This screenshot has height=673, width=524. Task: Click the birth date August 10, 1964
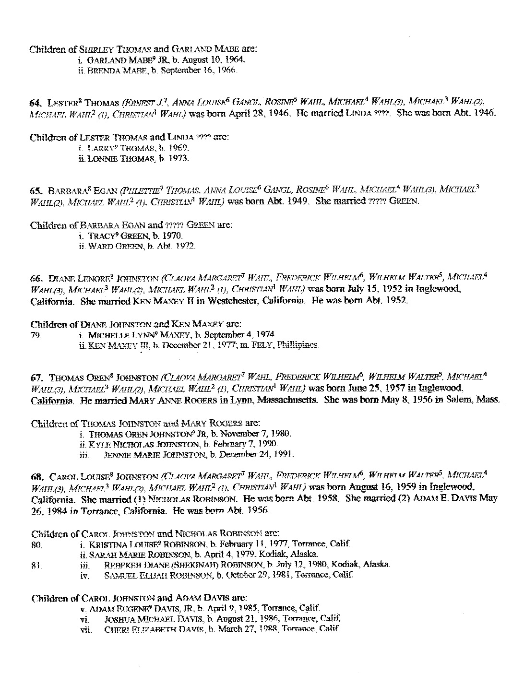219,60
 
